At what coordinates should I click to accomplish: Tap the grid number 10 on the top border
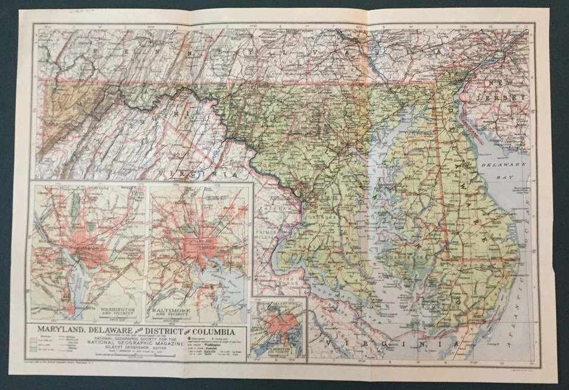coord(489,27)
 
